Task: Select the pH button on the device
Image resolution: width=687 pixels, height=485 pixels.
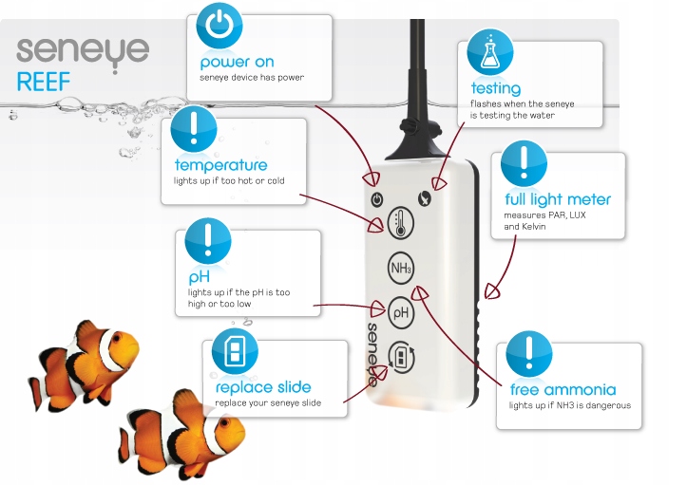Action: pos(401,311)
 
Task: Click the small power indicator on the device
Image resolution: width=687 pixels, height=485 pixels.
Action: pos(377,199)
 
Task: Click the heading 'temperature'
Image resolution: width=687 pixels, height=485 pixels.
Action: pos(220,165)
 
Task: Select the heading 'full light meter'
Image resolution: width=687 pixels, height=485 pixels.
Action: pos(557,199)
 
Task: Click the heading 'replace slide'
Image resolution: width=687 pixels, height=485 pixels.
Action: pos(263,387)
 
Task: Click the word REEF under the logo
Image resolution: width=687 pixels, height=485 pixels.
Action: pos(44,81)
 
